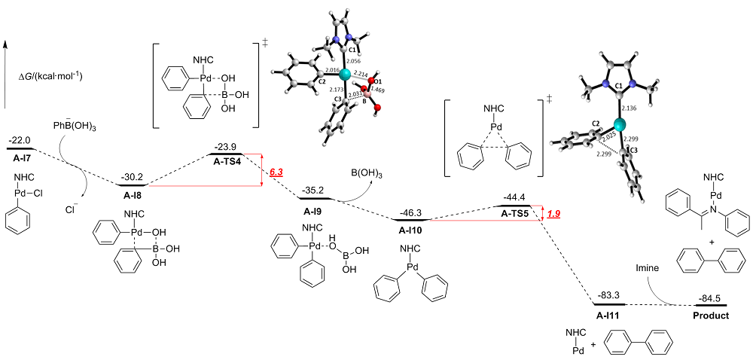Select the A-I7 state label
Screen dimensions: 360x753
click(20, 158)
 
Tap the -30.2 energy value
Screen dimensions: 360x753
click(134, 178)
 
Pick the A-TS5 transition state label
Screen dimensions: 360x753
click(517, 214)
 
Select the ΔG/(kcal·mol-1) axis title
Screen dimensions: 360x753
click(50, 76)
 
